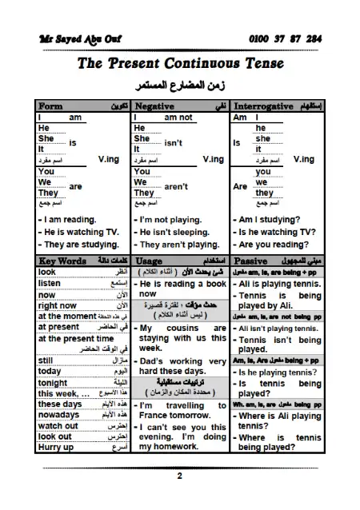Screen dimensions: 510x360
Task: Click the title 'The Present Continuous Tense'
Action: (179, 64)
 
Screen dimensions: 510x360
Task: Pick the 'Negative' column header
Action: (154, 106)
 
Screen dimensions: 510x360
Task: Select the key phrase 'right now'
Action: (57, 305)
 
